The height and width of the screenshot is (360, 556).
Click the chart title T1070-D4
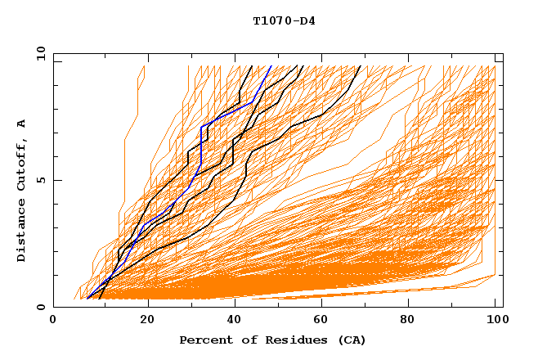pos(284,21)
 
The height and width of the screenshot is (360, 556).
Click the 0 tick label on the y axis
pos(41,307)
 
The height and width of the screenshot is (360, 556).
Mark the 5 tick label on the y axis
pos(41,180)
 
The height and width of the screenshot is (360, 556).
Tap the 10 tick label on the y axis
pos(38,53)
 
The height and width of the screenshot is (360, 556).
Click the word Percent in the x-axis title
pos(204,340)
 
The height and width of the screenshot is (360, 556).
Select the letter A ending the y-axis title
pos(22,124)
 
